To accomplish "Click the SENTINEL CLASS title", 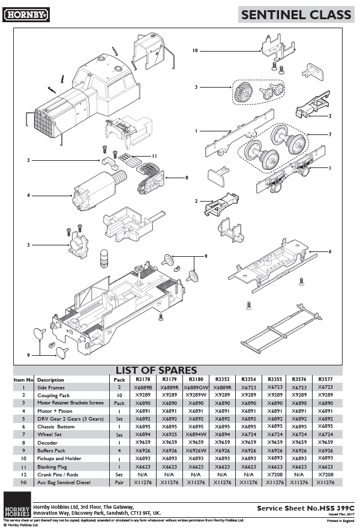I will point(296,15).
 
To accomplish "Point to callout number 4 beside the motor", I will point(28,194).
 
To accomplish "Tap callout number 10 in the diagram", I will point(195,51).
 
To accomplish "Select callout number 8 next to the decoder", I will point(187,178).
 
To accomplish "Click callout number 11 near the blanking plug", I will point(154,156).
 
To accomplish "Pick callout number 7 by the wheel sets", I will point(329,134).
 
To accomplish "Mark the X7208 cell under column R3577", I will point(325,473).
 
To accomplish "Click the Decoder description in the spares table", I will point(47,442).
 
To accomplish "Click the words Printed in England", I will point(340,520).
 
